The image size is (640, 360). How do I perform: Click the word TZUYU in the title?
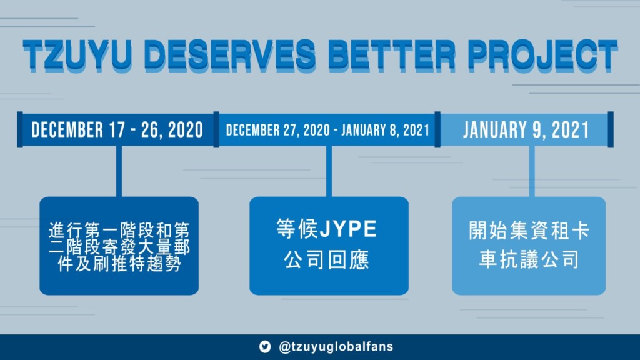77,55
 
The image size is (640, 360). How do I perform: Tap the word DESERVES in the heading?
230,55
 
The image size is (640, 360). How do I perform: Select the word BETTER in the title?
391,55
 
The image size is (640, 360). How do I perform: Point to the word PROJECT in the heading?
542,55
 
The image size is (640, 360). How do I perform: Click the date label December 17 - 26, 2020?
117,130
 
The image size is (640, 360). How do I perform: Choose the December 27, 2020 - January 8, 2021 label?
327,130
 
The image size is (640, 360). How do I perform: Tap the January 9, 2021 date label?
526,130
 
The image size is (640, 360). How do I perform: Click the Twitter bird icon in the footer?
265,346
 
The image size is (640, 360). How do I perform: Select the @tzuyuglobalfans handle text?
336,347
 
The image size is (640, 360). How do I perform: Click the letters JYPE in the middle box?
348,229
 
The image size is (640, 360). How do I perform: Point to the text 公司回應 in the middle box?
326,259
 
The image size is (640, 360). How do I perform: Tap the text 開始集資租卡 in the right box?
529,231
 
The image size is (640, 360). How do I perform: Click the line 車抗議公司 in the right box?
529,259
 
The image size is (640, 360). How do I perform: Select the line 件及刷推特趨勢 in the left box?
119,264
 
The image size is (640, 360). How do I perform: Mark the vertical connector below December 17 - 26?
119,171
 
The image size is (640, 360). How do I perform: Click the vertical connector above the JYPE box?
329,171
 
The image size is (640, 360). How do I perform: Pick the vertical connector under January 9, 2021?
532,171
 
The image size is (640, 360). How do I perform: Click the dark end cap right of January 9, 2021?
611,129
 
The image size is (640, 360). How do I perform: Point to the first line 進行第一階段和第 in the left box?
119,231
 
